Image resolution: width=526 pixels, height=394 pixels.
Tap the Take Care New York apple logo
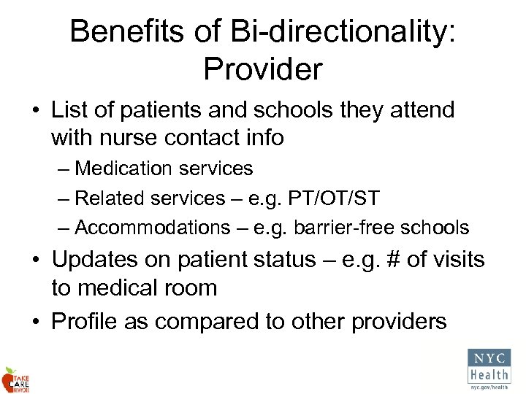[x=16, y=378]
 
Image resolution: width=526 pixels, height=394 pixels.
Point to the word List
[x=69, y=111]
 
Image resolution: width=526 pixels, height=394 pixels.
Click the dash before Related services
[x=65, y=198]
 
